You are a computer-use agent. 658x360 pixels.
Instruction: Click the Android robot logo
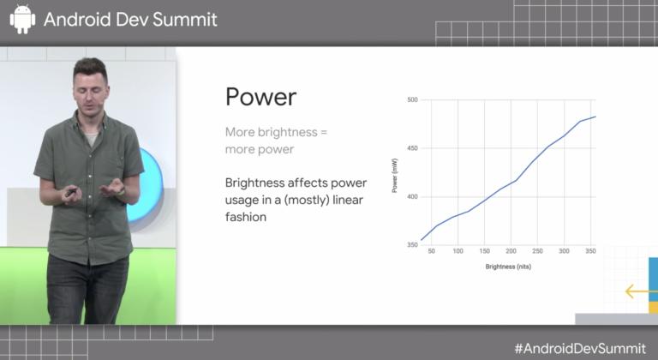pos(22,20)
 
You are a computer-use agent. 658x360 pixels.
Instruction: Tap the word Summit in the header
pos(185,20)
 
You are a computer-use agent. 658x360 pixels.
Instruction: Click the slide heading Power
pos(261,97)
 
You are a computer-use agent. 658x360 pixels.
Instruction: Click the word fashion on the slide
pos(246,217)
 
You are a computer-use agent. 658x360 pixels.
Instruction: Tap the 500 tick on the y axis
pos(412,100)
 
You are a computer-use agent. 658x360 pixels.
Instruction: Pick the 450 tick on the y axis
pos(412,148)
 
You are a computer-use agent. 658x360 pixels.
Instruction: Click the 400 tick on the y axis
pos(412,196)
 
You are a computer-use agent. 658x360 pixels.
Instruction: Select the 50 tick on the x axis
pos(432,251)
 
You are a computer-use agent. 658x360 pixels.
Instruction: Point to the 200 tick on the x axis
pos(511,251)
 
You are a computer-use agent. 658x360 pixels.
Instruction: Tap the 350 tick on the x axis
pos(590,251)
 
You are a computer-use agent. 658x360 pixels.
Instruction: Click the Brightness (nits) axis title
pos(508,267)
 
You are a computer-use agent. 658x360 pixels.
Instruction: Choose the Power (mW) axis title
pos(394,176)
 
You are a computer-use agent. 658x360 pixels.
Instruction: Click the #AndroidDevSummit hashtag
pos(580,348)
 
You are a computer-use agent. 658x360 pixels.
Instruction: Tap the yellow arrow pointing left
pos(641,291)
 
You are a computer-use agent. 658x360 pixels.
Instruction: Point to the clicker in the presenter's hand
pos(71,192)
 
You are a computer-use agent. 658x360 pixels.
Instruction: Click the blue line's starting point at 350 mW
pos(421,240)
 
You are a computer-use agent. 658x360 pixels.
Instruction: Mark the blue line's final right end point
pos(595,117)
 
